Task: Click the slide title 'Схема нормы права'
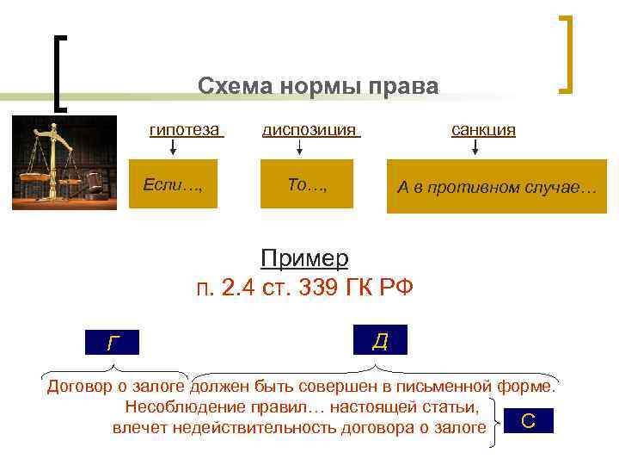317,87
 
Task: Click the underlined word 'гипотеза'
185,130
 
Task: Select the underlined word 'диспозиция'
309,130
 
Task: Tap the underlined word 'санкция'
483,130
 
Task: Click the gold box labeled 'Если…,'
173,184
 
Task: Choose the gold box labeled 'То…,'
307,184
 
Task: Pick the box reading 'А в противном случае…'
496,186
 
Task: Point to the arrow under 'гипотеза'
172,147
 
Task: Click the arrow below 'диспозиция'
299,147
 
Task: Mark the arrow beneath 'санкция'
475,147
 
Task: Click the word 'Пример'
304,258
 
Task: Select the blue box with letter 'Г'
115,342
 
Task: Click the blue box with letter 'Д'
379,340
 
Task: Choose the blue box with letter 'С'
528,420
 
